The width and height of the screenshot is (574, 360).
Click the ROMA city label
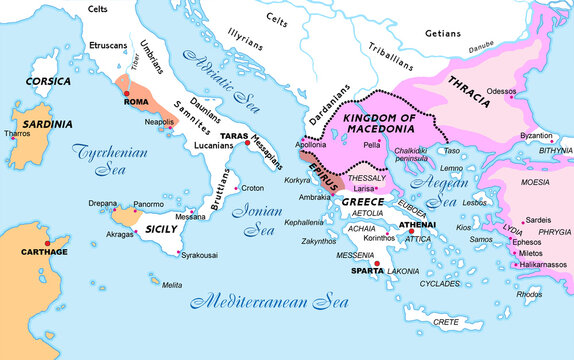(135, 102)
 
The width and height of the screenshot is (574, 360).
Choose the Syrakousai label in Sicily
(204, 252)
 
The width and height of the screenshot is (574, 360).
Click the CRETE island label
(445, 321)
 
